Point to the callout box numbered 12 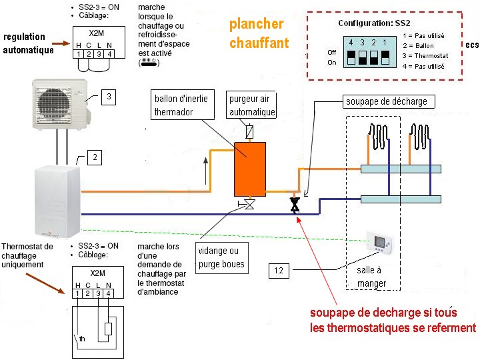pyautogui.click(x=279, y=270)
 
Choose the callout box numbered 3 pyautogui.click(x=109, y=98)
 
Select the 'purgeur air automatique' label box pyautogui.click(x=252, y=106)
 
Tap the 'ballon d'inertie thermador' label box pyautogui.click(x=181, y=105)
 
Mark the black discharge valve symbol pyautogui.click(x=295, y=205)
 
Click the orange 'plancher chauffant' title pyautogui.click(x=259, y=33)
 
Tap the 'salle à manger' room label pyautogui.click(x=371, y=277)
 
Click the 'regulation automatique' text pyautogui.click(x=25, y=43)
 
